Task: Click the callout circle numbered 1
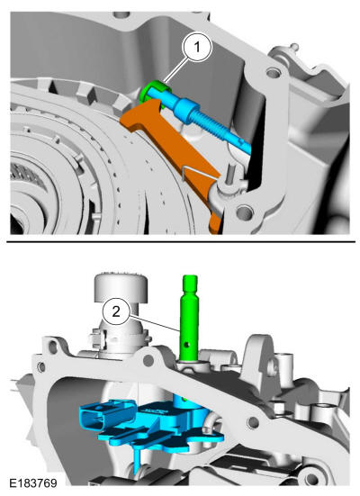[x=197, y=48]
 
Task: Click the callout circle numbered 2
[x=116, y=311]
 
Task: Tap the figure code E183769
[x=33, y=483]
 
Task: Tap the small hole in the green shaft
[x=189, y=344]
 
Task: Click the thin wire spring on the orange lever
[x=198, y=174]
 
